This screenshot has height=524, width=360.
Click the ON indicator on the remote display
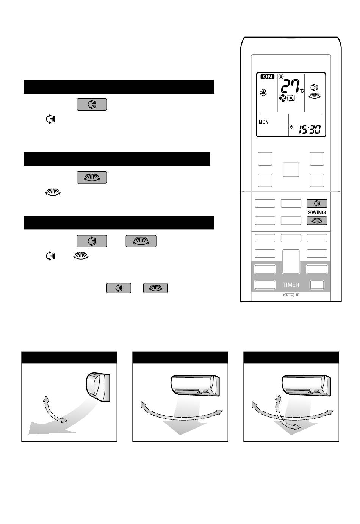click(x=267, y=77)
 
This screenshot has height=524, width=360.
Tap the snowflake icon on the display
click(x=263, y=93)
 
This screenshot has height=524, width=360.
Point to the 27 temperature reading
click(x=290, y=86)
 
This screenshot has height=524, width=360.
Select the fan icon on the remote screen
click(x=283, y=98)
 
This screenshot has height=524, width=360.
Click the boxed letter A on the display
click(x=291, y=98)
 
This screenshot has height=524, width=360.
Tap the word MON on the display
click(x=263, y=122)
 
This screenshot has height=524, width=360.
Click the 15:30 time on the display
click(x=310, y=129)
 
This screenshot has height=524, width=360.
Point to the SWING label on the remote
click(x=317, y=213)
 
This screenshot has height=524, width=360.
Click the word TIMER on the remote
click(x=291, y=285)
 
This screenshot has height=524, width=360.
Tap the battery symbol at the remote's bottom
click(x=289, y=295)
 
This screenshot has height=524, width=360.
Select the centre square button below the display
click(x=291, y=170)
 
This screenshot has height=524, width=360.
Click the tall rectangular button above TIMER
click(x=291, y=261)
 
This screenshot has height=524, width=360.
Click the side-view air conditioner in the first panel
click(x=98, y=387)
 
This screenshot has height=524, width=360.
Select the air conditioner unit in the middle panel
click(x=195, y=385)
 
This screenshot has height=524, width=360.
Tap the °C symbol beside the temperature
click(x=302, y=90)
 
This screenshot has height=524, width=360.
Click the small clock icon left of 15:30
click(x=291, y=127)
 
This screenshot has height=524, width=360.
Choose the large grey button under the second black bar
click(x=92, y=177)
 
